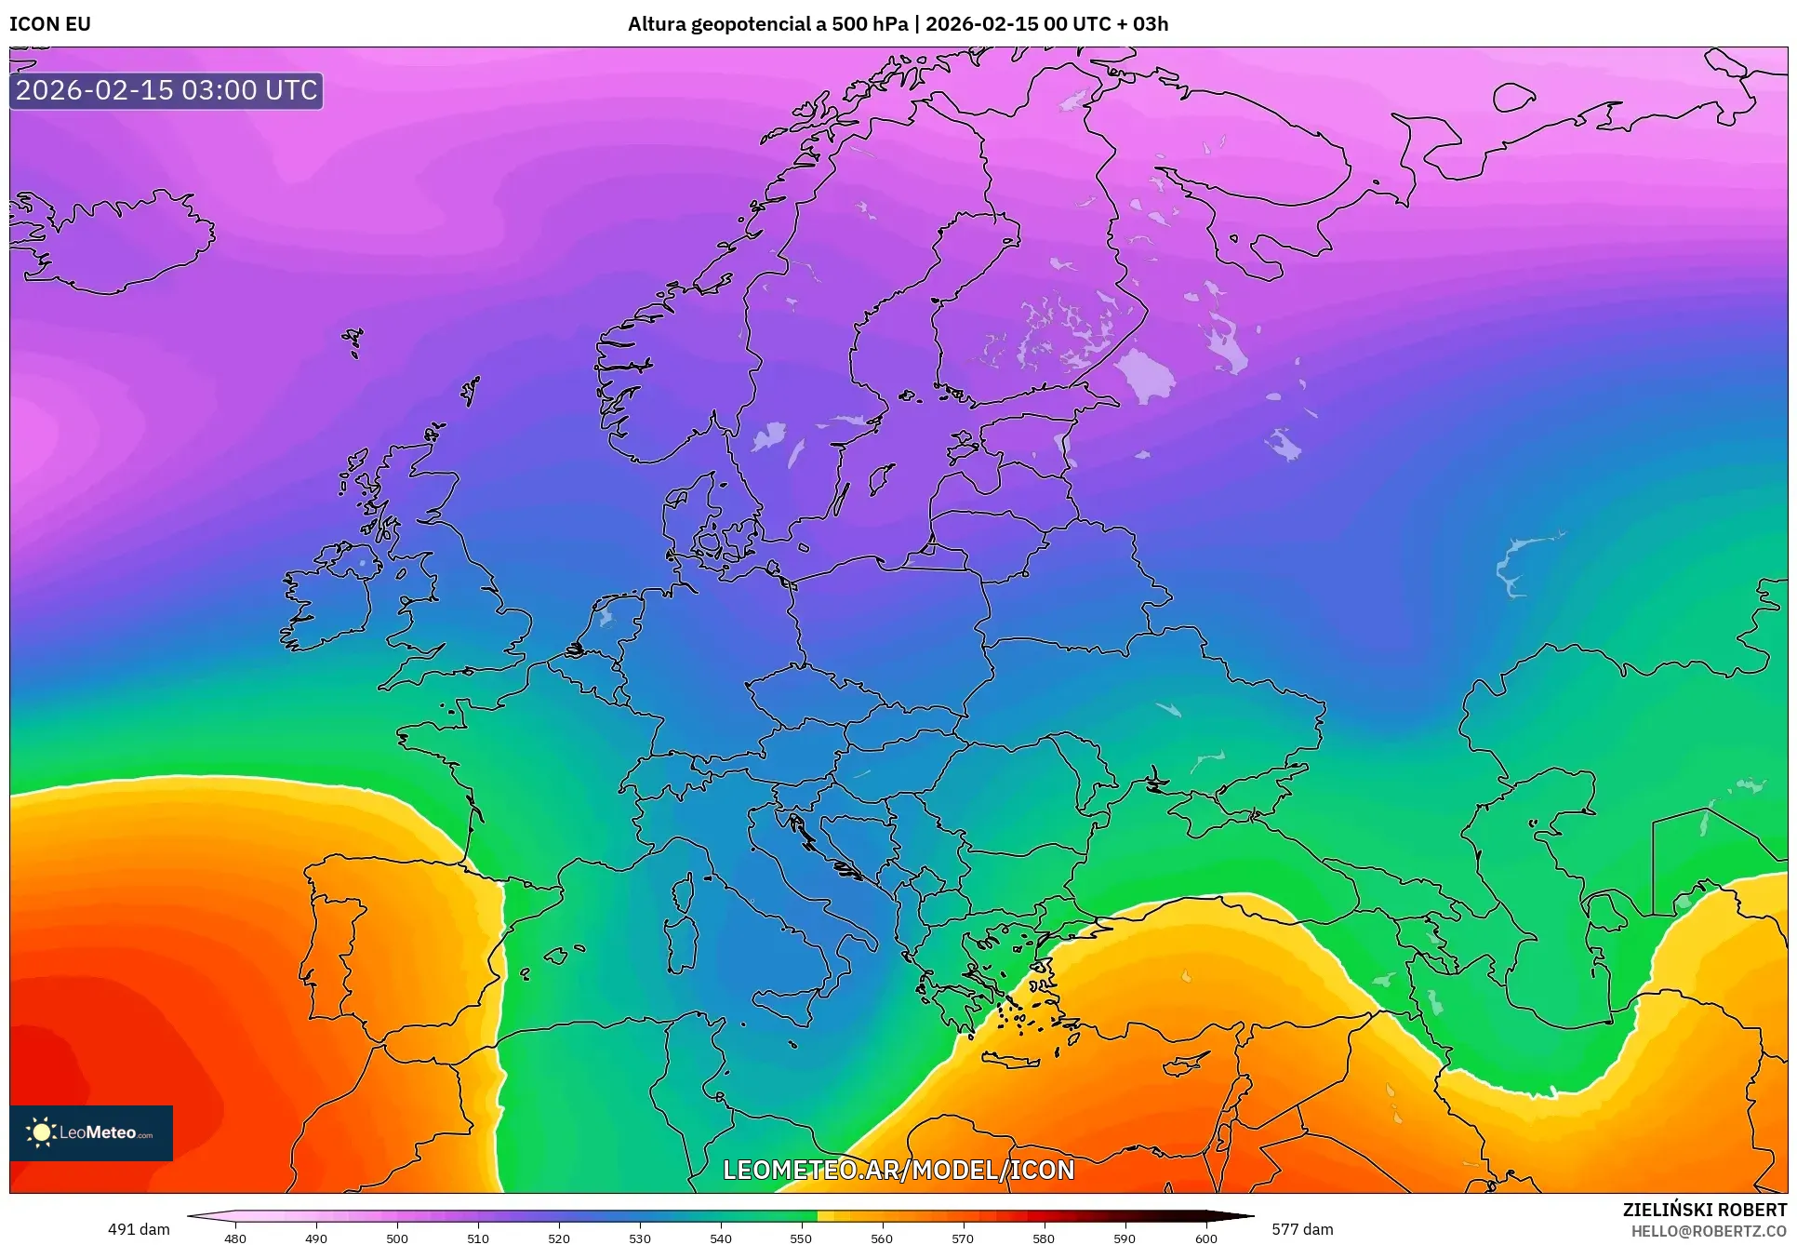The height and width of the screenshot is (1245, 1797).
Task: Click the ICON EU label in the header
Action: (x=50, y=24)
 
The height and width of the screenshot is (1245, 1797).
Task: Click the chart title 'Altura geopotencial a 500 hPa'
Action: (x=767, y=24)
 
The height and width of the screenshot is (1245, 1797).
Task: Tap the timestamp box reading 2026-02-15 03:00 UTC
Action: (x=166, y=90)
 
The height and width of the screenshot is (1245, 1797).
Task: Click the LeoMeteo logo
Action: (x=91, y=1132)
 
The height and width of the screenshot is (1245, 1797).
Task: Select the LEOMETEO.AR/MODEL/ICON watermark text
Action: (x=898, y=1170)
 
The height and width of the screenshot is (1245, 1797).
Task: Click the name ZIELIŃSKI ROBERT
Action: (x=1704, y=1210)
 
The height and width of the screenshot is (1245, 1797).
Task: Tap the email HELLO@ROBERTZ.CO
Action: (x=1709, y=1231)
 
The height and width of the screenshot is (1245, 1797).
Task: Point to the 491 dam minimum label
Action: (x=139, y=1229)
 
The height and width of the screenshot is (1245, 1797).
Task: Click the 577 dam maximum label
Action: (x=1302, y=1229)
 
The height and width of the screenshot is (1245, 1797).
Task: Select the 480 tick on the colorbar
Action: (x=235, y=1238)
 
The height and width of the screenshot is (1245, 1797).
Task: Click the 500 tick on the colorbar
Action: (x=397, y=1238)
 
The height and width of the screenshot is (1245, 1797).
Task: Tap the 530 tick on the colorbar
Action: (x=640, y=1238)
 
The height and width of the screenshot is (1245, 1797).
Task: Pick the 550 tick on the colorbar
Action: (x=801, y=1238)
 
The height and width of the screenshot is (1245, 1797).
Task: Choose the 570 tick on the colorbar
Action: (x=963, y=1238)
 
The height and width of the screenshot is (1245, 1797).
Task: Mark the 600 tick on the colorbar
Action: (x=1205, y=1238)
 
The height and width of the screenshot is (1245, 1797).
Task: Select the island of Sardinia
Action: (x=685, y=943)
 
